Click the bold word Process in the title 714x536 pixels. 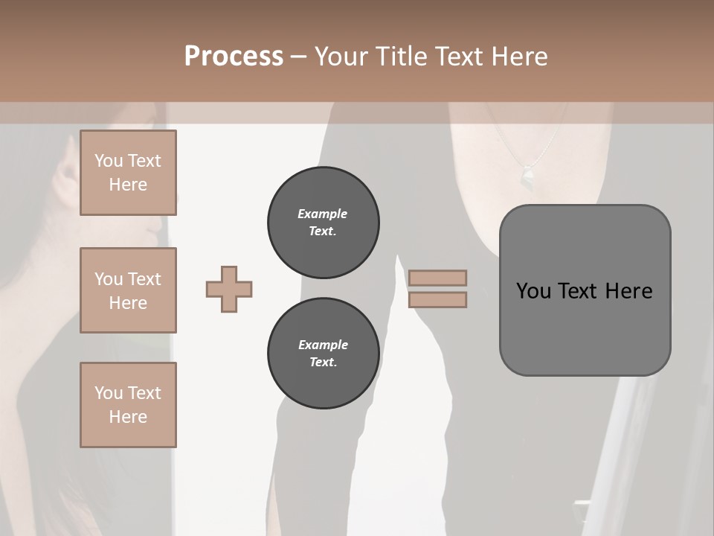tap(234, 57)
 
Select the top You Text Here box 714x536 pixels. tap(128, 173)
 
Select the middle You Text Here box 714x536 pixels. tap(128, 290)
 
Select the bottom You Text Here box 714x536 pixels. tap(128, 404)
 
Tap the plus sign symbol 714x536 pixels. tap(229, 289)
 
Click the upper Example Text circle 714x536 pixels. tap(324, 223)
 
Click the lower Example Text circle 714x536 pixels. tap(324, 354)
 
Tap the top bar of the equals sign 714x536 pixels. tap(437, 278)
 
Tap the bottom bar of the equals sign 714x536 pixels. tap(437, 299)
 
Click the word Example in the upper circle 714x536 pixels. tap(323, 214)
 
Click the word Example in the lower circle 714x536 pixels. tap(323, 345)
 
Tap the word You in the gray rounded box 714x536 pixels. tap(533, 291)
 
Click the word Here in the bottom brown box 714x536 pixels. tap(128, 417)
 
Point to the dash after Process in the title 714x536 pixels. tap(299, 57)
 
